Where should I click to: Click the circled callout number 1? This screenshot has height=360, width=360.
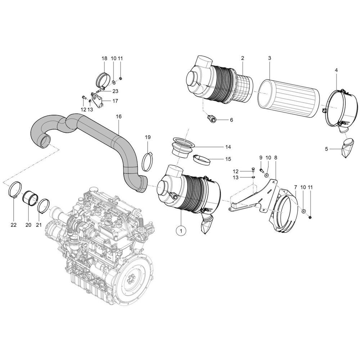tap(181, 229)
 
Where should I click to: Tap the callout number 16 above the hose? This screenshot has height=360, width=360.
tap(119, 117)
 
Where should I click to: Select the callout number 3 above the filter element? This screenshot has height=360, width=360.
tap(269, 58)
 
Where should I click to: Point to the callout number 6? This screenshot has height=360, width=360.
tap(231, 120)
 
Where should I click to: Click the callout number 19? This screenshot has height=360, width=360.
tap(148, 137)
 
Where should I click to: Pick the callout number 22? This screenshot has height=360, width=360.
tap(14, 225)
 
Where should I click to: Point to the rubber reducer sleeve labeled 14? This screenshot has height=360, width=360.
tap(183, 148)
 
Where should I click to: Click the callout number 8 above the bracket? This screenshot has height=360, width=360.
tap(275, 158)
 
